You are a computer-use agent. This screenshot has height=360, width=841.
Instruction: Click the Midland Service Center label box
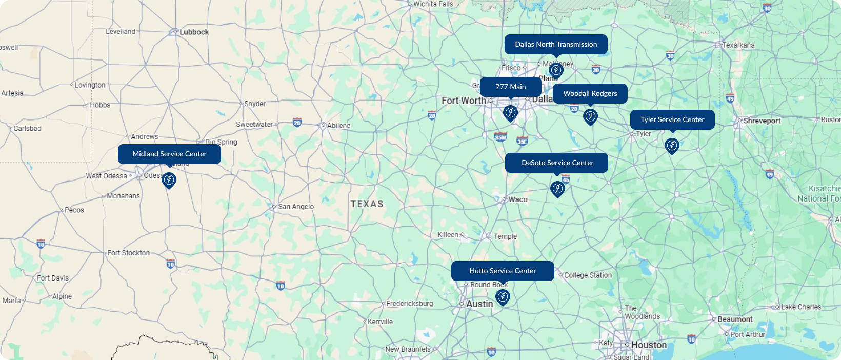pos(169,154)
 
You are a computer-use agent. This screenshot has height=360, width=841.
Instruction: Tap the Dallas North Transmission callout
pos(556,44)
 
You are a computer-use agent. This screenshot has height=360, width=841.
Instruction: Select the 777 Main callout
pos(510,87)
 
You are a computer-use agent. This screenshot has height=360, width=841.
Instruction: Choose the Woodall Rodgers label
pos(590,93)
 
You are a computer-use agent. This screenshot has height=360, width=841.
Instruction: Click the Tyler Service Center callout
pos(672,119)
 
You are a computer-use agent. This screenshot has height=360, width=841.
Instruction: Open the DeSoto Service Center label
pos(557,163)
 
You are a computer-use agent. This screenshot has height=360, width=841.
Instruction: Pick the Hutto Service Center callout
pos(503,271)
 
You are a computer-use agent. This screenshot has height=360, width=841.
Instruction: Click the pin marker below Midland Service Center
pos(169,180)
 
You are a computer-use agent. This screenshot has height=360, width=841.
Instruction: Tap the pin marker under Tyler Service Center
pos(672,146)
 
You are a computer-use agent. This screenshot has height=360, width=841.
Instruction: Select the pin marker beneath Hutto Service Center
pos(503,297)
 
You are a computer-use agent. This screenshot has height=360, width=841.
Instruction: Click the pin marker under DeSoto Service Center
pos(557,189)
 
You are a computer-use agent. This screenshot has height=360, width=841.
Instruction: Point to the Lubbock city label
pos(194,32)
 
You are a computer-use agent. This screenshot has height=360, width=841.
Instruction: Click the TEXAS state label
pos(367,204)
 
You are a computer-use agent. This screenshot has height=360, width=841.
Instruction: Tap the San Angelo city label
pos(296,207)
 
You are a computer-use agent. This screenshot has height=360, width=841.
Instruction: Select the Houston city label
pos(649,345)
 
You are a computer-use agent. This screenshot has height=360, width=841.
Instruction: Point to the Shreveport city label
pos(762,121)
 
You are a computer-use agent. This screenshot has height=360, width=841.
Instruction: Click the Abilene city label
pos(338,126)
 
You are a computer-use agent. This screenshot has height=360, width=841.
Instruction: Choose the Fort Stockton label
pos(128,253)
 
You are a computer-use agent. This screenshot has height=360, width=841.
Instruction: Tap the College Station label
pos(588,275)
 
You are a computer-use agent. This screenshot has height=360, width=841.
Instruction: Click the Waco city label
pos(517,199)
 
